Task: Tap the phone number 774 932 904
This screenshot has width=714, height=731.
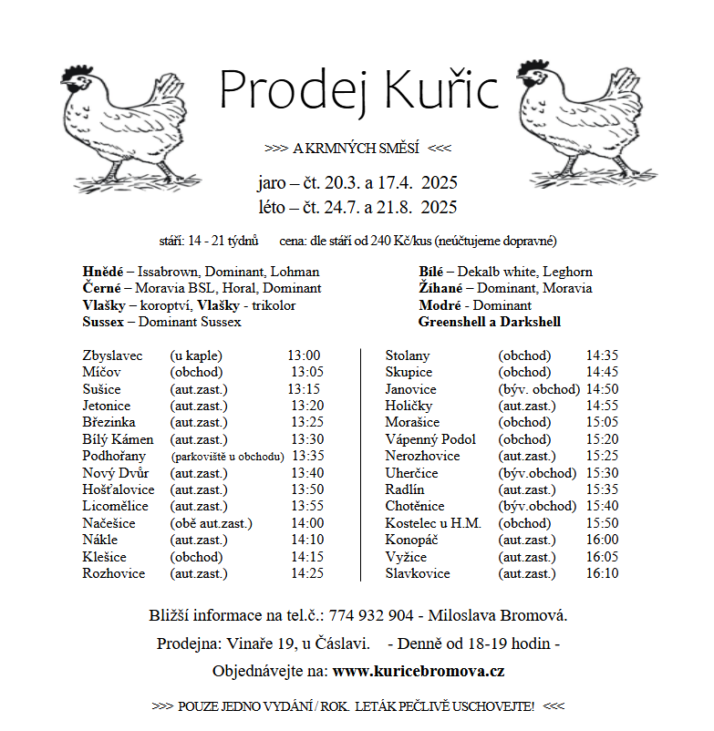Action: (372, 616)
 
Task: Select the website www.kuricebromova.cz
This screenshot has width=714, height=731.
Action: (419, 671)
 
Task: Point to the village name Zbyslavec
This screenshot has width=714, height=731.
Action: (112, 355)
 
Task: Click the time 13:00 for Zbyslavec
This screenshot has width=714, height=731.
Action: (304, 355)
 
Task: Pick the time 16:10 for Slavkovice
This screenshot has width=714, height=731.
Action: (602, 573)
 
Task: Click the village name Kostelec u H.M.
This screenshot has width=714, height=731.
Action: (433, 523)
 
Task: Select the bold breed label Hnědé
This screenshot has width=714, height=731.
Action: (102, 272)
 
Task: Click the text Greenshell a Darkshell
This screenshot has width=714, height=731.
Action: (490, 322)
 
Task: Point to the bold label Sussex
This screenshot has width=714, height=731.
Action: (102, 322)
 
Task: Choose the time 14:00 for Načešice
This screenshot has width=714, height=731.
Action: (307, 523)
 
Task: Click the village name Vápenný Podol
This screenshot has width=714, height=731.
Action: (430, 439)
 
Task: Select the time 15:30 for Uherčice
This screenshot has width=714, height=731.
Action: (602, 473)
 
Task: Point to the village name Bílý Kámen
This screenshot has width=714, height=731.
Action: (117, 439)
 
